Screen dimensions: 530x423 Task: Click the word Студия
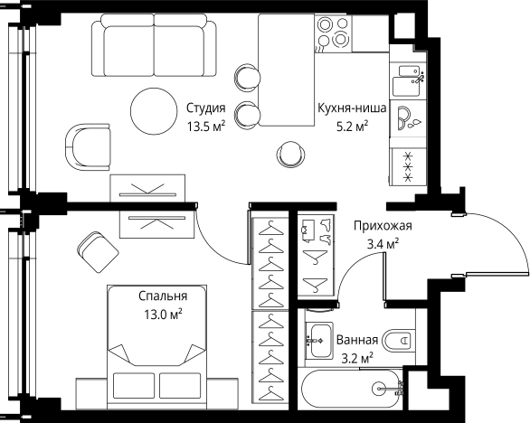coord(205,108)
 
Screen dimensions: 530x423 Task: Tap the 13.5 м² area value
coord(206,127)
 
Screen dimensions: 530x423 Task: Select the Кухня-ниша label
coord(352,108)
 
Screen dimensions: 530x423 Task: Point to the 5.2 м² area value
coord(352,127)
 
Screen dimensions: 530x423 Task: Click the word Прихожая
coord(383,225)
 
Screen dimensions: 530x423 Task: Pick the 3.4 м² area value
coord(383,244)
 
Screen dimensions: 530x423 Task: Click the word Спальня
coord(163,296)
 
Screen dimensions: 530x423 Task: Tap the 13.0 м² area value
coord(164,315)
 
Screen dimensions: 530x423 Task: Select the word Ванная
coord(357,340)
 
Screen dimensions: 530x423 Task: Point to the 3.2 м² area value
coord(357,358)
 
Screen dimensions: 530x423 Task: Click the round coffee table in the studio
coord(154,111)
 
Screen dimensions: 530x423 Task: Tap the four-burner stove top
coord(333,33)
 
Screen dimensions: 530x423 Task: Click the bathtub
coord(352,390)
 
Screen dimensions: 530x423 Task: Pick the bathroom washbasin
coord(319,341)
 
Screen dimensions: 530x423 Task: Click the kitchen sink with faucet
coord(408,80)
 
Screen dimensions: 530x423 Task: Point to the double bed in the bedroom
coord(156,347)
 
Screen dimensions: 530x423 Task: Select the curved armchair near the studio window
coord(88,146)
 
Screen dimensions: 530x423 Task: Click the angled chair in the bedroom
coord(98,251)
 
